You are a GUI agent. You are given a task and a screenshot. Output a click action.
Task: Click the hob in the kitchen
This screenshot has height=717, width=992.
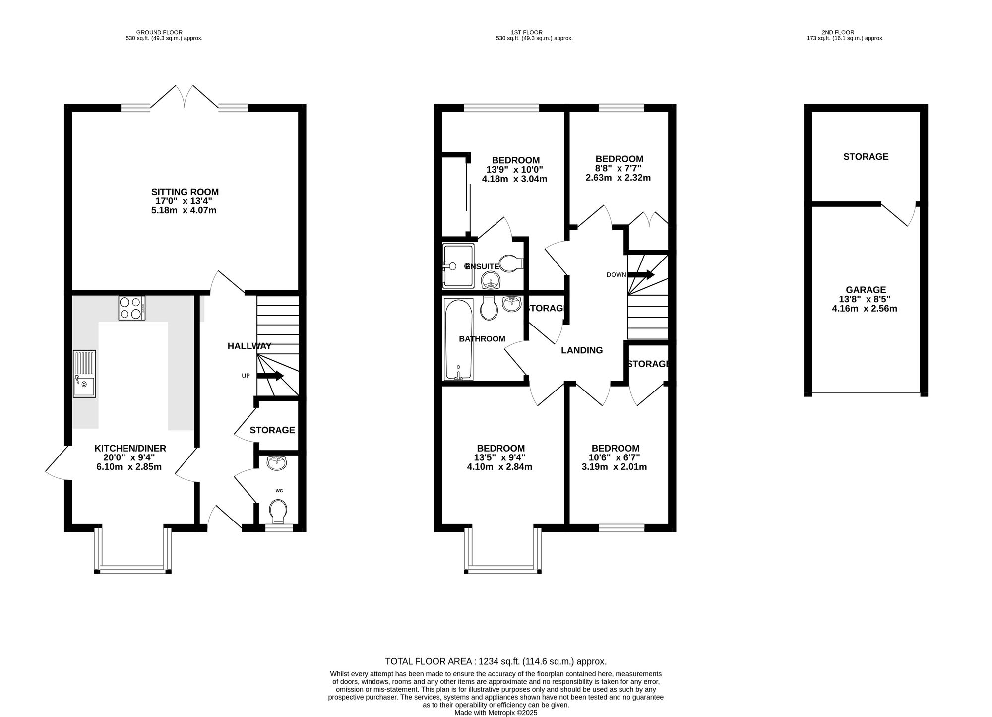pyautogui.click(x=132, y=308)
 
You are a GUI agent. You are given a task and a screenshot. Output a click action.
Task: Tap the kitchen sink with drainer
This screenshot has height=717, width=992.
pyautogui.click(x=85, y=374)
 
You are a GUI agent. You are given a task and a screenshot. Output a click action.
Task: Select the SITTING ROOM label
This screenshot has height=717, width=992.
pyautogui.click(x=185, y=192)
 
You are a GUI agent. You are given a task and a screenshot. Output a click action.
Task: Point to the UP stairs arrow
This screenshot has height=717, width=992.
pyautogui.click(x=270, y=376)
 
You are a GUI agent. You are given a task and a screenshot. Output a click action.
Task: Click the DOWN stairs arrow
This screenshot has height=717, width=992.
pyautogui.click(x=641, y=274)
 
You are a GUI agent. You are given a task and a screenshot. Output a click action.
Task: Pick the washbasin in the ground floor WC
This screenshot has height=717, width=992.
pyautogui.click(x=276, y=463)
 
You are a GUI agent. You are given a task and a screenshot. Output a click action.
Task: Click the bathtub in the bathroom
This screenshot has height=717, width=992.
pyautogui.click(x=458, y=339)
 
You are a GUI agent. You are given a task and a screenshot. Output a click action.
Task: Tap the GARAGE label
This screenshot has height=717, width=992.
pyautogui.click(x=866, y=290)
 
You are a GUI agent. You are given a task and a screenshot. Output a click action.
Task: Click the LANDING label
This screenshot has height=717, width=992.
pyautogui.click(x=582, y=350)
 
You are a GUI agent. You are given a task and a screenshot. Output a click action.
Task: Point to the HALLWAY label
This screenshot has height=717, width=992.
pyautogui.click(x=249, y=346)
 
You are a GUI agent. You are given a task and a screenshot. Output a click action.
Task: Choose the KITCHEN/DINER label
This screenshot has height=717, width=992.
pyautogui.click(x=130, y=449)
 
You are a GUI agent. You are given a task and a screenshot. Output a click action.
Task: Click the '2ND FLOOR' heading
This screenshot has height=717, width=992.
pyautogui.click(x=845, y=32)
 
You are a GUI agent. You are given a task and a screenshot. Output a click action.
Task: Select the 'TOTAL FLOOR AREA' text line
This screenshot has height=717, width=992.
pyautogui.click(x=496, y=661)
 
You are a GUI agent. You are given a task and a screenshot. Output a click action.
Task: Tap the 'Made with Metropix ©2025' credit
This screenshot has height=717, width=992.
pyautogui.click(x=496, y=713)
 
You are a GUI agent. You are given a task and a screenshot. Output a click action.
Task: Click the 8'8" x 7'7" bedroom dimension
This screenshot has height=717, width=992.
pyautogui.click(x=619, y=168)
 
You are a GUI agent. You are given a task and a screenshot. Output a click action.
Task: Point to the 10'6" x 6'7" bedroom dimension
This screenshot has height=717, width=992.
pyautogui.click(x=615, y=457)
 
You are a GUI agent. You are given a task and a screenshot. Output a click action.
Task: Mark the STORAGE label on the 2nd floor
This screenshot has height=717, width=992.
pyautogui.click(x=866, y=157)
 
